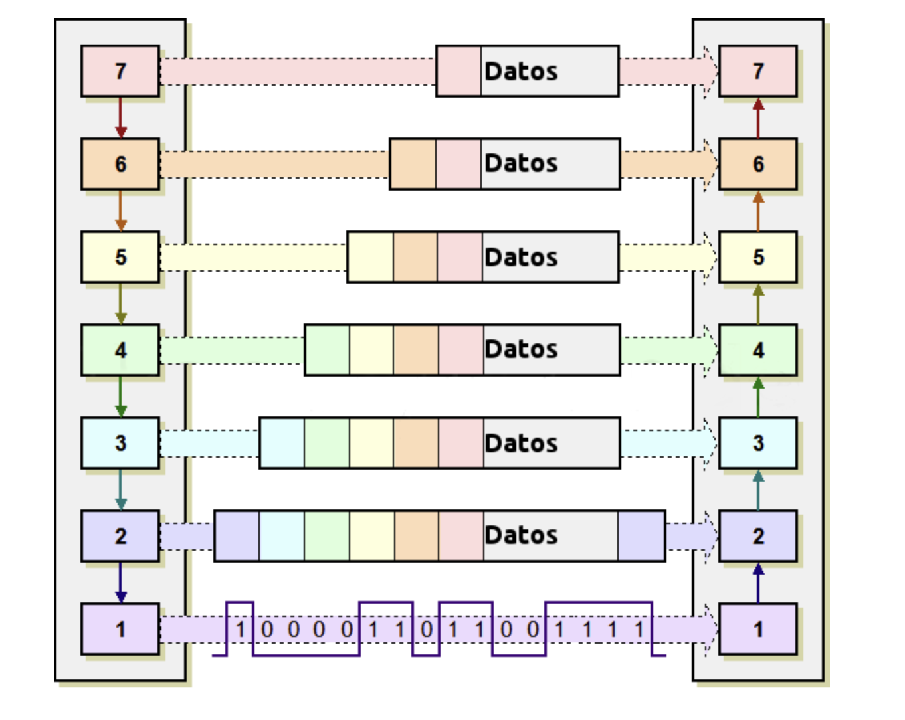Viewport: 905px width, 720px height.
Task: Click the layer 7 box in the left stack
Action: pyautogui.click(x=120, y=71)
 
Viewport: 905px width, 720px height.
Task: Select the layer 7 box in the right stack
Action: pyautogui.click(x=757, y=71)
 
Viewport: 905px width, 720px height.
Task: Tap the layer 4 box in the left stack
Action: pyautogui.click(x=120, y=350)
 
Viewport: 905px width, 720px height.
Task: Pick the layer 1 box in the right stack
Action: pyautogui.click(x=757, y=629)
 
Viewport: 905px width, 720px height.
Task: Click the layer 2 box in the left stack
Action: pyautogui.click(x=120, y=536)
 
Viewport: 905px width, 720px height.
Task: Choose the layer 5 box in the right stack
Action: pyautogui.click(x=757, y=257)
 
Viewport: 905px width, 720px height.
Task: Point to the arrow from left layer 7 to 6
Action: pyautogui.click(x=120, y=118)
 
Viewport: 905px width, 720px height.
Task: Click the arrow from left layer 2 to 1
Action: pyautogui.click(x=120, y=583)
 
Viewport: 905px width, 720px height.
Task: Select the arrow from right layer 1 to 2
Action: pyautogui.click(x=758, y=583)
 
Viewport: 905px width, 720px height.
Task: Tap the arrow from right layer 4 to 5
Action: pyautogui.click(x=758, y=304)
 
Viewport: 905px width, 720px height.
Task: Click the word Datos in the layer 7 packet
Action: pyautogui.click(x=521, y=71)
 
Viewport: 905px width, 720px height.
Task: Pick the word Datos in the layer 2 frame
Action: pyautogui.click(x=521, y=535)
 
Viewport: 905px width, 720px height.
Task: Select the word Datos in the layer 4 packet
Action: pyautogui.click(x=521, y=349)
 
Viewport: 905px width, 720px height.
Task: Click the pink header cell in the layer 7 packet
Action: pyautogui.click(x=458, y=71)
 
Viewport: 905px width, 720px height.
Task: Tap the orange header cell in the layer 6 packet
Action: pyautogui.click(x=413, y=164)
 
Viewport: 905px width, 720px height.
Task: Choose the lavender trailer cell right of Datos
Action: pyautogui.click(x=641, y=536)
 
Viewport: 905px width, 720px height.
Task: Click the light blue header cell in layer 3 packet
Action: pyautogui.click(x=282, y=443)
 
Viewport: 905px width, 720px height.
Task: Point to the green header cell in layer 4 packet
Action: pyautogui.click(x=327, y=350)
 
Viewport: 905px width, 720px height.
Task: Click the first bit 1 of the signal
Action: pyautogui.click(x=241, y=629)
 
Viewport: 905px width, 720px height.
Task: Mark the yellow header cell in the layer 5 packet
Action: pyautogui.click(x=370, y=257)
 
